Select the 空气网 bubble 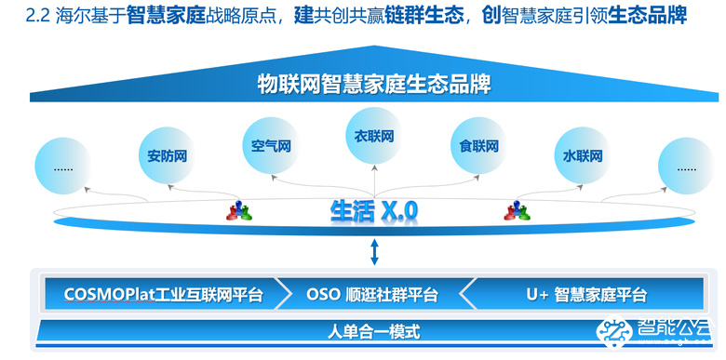(271, 146)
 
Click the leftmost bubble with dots (64, 168)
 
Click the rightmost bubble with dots (686, 168)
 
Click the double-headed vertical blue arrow (374, 250)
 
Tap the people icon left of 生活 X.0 (239, 211)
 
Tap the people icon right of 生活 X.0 (517, 211)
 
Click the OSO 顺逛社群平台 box (372, 295)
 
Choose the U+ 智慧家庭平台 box (586, 295)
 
